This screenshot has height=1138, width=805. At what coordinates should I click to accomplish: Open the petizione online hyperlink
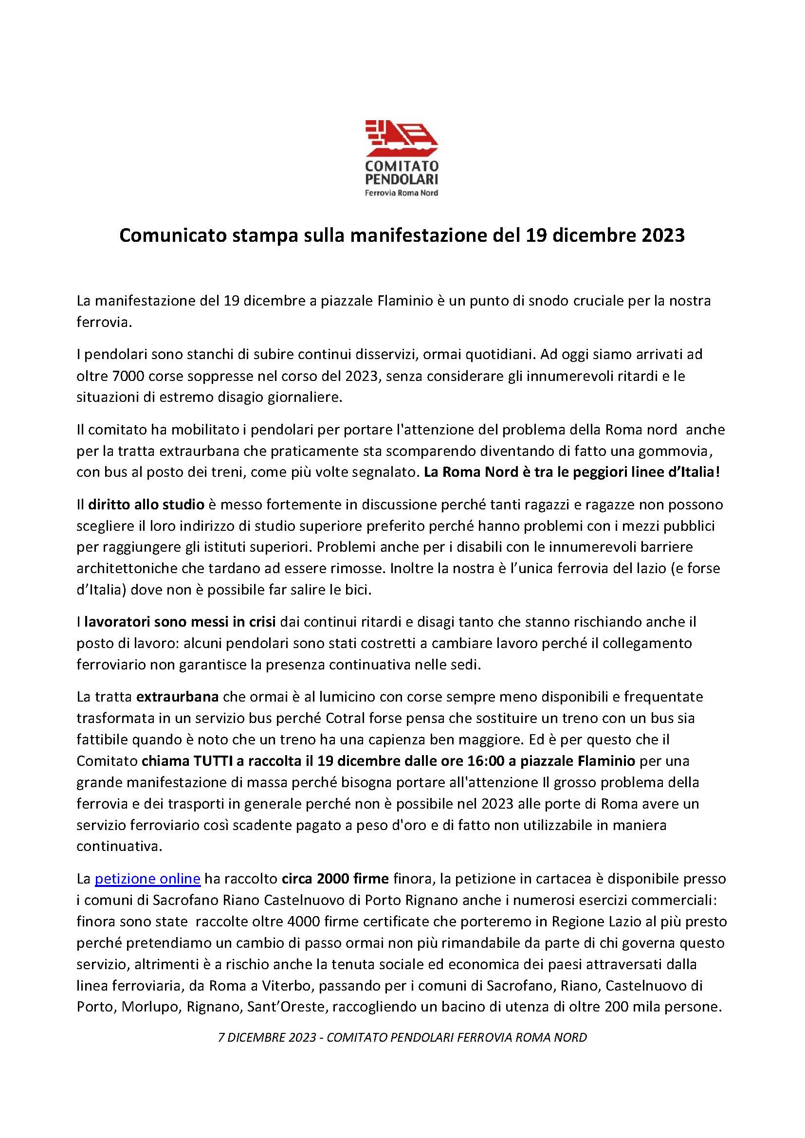click(x=147, y=879)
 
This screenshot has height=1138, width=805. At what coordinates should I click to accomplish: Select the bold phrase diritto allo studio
click(x=146, y=505)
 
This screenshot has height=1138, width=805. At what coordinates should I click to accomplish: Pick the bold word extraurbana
click(x=178, y=696)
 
